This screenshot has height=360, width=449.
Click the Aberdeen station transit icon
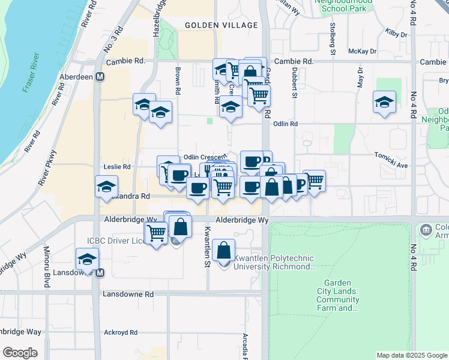point(100,77)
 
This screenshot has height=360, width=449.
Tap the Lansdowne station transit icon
point(100,272)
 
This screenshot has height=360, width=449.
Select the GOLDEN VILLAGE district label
point(221,25)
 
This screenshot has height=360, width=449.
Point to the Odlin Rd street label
point(286,124)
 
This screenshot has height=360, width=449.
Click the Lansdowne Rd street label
point(128,295)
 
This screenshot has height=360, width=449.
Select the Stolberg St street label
point(332,38)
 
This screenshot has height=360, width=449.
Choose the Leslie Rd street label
point(117,166)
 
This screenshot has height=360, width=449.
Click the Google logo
point(20,353)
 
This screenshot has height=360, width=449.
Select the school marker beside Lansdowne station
point(86,260)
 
